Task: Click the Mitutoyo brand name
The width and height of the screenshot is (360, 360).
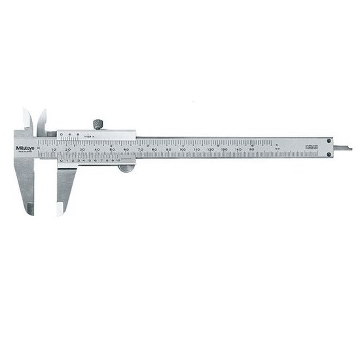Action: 24,147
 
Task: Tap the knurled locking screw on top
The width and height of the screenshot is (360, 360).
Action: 98,124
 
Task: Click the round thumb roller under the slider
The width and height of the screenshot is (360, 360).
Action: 126,168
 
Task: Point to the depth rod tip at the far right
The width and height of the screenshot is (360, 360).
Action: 349,149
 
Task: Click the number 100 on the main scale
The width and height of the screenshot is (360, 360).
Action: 182,151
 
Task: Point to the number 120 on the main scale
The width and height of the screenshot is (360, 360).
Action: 210,151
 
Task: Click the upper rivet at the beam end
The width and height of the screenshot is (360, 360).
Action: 329,140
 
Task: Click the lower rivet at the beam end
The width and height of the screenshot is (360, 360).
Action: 329,154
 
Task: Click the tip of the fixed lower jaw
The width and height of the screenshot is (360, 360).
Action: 31,211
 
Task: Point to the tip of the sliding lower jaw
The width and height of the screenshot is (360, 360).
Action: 60,211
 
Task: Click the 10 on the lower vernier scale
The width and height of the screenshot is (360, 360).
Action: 118,160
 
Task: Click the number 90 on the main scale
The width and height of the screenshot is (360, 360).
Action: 168,151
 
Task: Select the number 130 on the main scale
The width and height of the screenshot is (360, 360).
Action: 224,151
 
